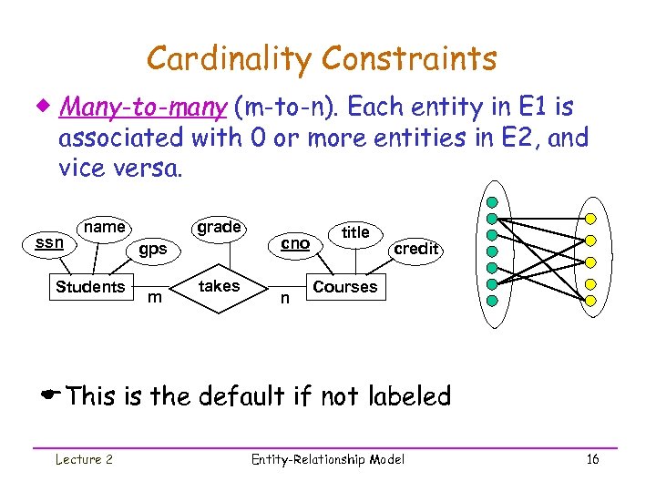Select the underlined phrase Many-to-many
(x=142, y=108)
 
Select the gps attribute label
(x=152, y=248)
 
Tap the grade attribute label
(x=219, y=227)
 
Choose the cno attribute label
(x=295, y=243)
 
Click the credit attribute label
(x=416, y=248)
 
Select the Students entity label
(x=90, y=287)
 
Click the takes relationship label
(x=219, y=286)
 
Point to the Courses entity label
(x=344, y=287)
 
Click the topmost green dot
(x=492, y=202)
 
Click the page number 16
(x=592, y=459)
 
